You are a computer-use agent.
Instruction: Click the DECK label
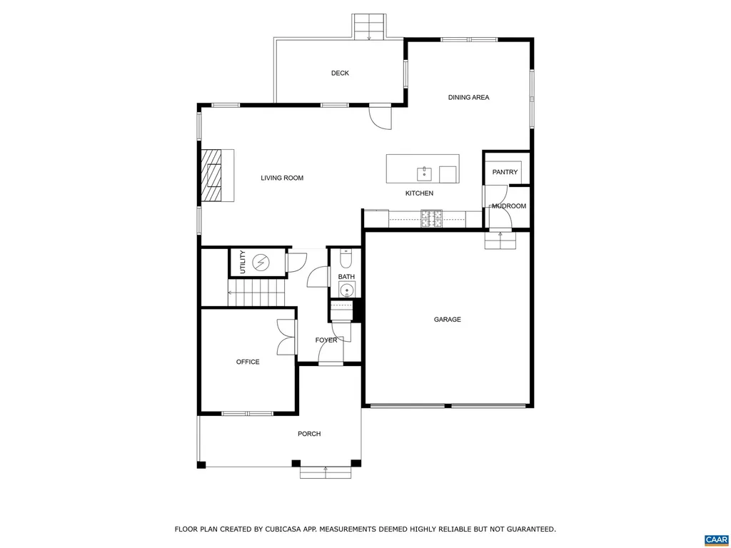[340, 73]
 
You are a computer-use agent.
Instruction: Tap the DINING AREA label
[468, 98]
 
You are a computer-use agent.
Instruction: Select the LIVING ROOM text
[282, 178]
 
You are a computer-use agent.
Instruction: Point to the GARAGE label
[448, 320]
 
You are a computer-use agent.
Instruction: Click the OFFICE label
[248, 362]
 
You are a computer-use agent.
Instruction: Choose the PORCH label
[309, 434]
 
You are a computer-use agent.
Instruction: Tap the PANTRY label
[505, 173]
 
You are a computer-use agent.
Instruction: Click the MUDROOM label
[509, 206]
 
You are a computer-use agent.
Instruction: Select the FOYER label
[326, 340]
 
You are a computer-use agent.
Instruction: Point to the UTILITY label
[243, 263]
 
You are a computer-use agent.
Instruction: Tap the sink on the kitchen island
[424, 173]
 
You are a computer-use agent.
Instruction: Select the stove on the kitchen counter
[431, 218]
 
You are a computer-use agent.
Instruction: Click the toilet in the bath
[346, 253]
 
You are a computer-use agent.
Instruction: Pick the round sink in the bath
[346, 290]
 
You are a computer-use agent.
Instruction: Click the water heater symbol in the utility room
[261, 263]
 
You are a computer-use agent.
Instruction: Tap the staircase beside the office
[256, 293]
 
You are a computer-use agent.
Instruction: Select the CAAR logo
[715, 539]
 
